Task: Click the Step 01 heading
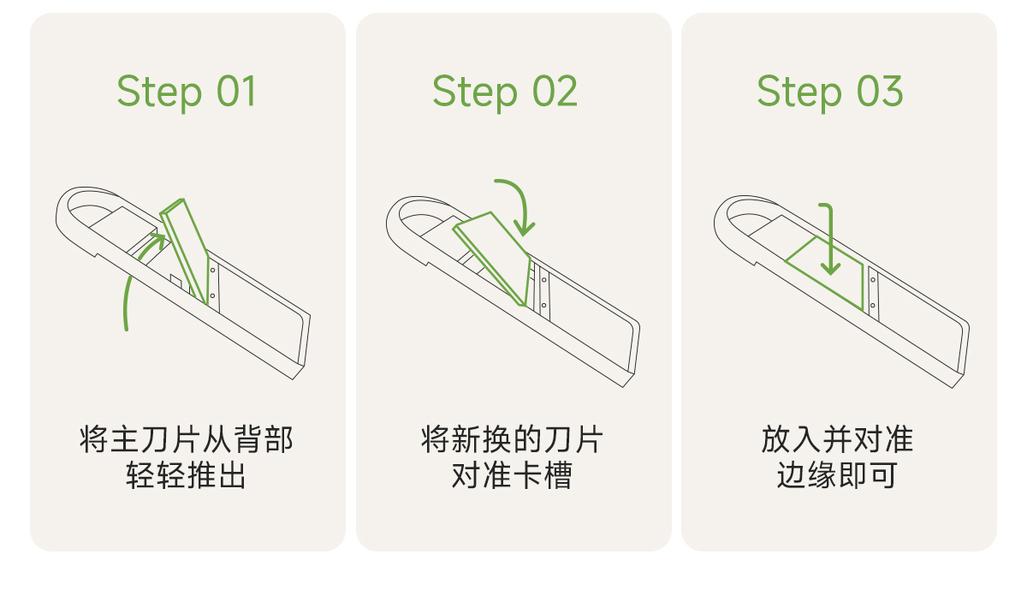click(x=187, y=92)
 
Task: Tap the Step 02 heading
click(x=505, y=92)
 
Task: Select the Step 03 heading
click(x=830, y=92)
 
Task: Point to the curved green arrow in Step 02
click(x=523, y=196)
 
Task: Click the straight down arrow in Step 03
click(x=830, y=239)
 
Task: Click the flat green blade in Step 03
click(x=825, y=272)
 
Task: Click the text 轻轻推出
click(x=187, y=475)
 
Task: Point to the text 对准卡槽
click(x=512, y=475)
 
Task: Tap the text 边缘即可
click(x=837, y=475)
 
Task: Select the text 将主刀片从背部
click(x=187, y=439)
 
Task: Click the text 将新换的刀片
click(x=512, y=439)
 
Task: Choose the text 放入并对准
click(x=837, y=439)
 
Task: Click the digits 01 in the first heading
click(x=236, y=91)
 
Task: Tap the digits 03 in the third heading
click(x=881, y=91)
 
